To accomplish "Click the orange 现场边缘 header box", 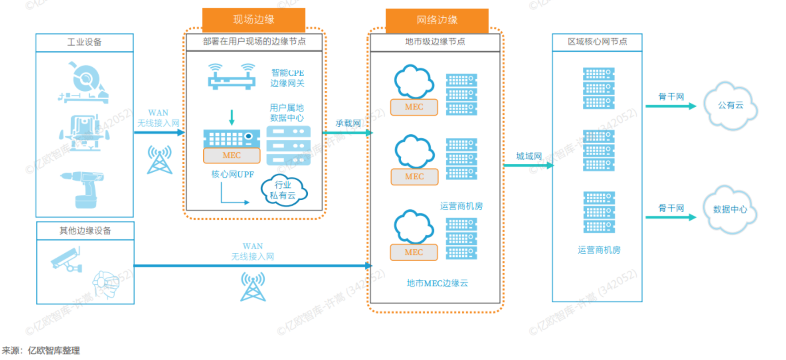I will [x=253, y=19].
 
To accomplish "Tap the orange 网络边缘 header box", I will [x=437, y=20].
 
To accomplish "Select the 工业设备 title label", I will [x=84, y=42].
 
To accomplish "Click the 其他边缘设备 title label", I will [x=85, y=230].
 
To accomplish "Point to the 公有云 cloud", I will [x=730, y=105].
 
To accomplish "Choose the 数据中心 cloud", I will [x=729, y=209].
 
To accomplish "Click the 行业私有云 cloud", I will [x=283, y=190].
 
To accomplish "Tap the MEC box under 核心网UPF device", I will [x=232, y=155].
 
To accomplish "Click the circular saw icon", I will [x=84, y=83].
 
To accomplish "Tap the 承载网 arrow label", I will [x=348, y=123].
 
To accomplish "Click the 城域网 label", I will [x=529, y=156].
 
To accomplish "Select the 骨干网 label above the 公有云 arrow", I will [x=671, y=97].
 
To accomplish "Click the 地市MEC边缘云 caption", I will [x=437, y=283].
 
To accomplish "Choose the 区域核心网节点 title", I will [x=597, y=42].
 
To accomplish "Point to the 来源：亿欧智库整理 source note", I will [x=41, y=351].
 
